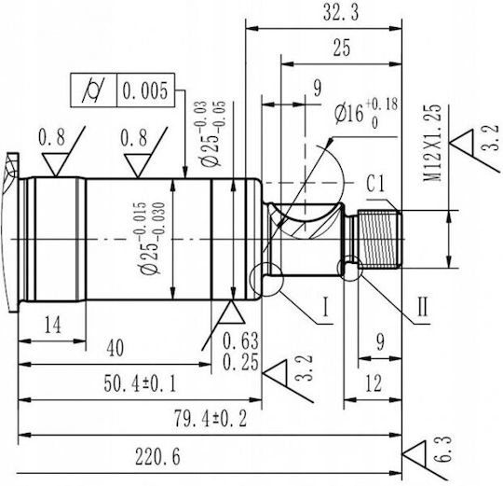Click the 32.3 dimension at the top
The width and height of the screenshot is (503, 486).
coord(341,12)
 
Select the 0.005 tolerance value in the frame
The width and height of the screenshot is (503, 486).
coord(145,90)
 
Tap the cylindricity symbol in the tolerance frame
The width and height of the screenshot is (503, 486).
coord(93,90)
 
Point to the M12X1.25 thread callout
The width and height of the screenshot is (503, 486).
coord(432,143)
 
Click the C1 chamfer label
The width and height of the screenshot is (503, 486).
coord(375,184)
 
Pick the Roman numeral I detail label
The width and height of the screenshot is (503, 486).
coord(326,307)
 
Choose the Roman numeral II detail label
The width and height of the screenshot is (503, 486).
coord(423,307)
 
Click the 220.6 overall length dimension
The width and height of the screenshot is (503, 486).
coord(157,456)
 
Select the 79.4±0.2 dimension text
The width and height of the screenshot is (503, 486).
coord(211,419)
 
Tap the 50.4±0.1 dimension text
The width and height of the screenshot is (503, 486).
coord(140,383)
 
